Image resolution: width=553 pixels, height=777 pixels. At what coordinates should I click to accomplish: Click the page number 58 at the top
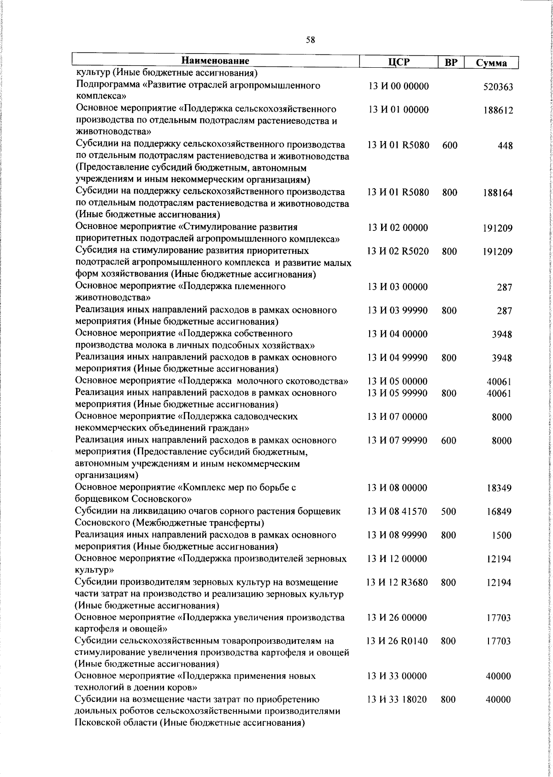[310, 40]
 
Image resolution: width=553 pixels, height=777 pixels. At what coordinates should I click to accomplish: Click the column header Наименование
[215, 61]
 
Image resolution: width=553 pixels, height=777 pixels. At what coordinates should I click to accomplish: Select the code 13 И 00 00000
[399, 86]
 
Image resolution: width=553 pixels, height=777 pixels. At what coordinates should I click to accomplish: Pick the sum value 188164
[498, 193]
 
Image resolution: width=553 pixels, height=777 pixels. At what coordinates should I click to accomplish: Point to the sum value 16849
[499, 512]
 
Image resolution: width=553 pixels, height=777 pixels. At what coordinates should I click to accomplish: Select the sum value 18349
[499, 488]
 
